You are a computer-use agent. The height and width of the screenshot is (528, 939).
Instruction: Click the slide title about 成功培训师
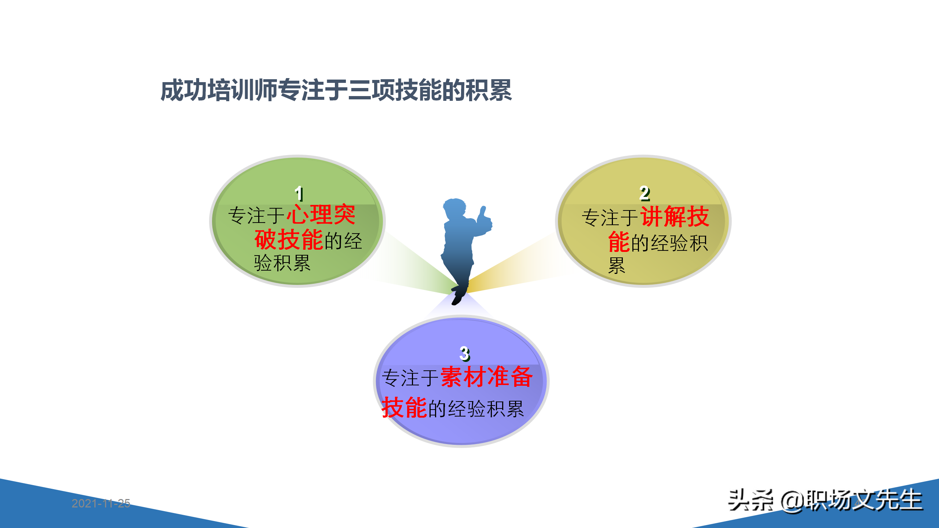(x=336, y=90)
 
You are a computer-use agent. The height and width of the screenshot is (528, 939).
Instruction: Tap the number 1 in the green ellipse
(x=299, y=194)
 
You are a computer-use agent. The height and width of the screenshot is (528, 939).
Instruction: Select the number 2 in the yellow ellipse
(x=644, y=193)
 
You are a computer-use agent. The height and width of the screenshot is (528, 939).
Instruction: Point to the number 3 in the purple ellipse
(x=464, y=353)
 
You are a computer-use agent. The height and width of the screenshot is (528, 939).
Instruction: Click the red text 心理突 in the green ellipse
(x=321, y=214)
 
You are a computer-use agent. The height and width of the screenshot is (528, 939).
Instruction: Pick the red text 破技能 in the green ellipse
(x=289, y=239)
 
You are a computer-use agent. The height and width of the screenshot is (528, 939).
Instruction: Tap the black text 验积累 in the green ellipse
(x=282, y=263)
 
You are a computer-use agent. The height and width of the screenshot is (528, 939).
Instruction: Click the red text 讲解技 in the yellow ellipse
(x=675, y=216)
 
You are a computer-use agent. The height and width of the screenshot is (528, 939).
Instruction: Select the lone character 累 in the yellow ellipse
(x=617, y=265)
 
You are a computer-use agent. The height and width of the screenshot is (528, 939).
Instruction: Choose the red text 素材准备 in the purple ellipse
(x=486, y=377)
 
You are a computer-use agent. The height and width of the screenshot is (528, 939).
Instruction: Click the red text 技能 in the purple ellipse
(x=404, y=407)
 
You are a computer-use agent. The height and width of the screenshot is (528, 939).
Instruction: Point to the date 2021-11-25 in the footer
(x=101, y=503)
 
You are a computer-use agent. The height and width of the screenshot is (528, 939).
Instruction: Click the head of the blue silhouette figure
(x=454, y=208)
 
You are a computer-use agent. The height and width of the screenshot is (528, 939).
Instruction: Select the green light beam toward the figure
(x=414, y=268)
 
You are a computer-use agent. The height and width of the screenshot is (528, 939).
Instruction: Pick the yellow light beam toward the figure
(x=514, y=268)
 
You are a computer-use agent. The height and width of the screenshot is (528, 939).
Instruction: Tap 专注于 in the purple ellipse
(x=410, y=378)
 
